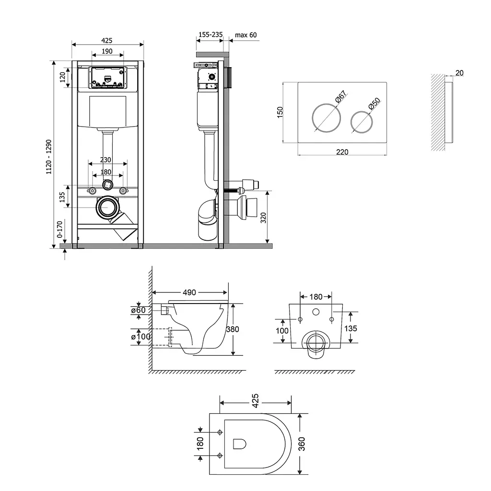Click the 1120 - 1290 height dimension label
pyautogui.click(x=49, y=157)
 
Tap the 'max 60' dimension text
pyautogui.click(x=246, y=35)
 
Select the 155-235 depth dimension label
pyautogui.click(x=210, y=35)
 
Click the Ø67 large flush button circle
pyautogui.click(x=326, y=118)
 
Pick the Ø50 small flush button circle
pyautogui.click(x=362, y=122)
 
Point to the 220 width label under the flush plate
pyautogui.click(x=342, y=152)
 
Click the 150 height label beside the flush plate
pyautogui.click(x=280, y=112)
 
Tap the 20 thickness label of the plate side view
pyautogui.click(x=459, y=73)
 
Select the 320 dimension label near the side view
pyautogui.click(x=263, y=217)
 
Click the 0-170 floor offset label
pyautogui.click(x=59, y=229)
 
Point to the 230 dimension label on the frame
pyautogui.click(x=105, y=160)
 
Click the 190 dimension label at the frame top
pyautogui.click(x=107, y=51)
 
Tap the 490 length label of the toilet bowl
pyautogui.click(x=189, y=292)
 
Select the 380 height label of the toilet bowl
pyautogui.click(x=233, y=329)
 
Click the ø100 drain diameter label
pyautogui.click(x=140, y=337)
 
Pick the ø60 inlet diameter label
pyautogui.click(x=139, y=310)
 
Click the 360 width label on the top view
pyautogui.click(x=301, y=444)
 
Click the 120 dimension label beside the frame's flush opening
pyautogui.click(x=62, y=77)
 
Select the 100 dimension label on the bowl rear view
pyautogui.click(x=282, y=331)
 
